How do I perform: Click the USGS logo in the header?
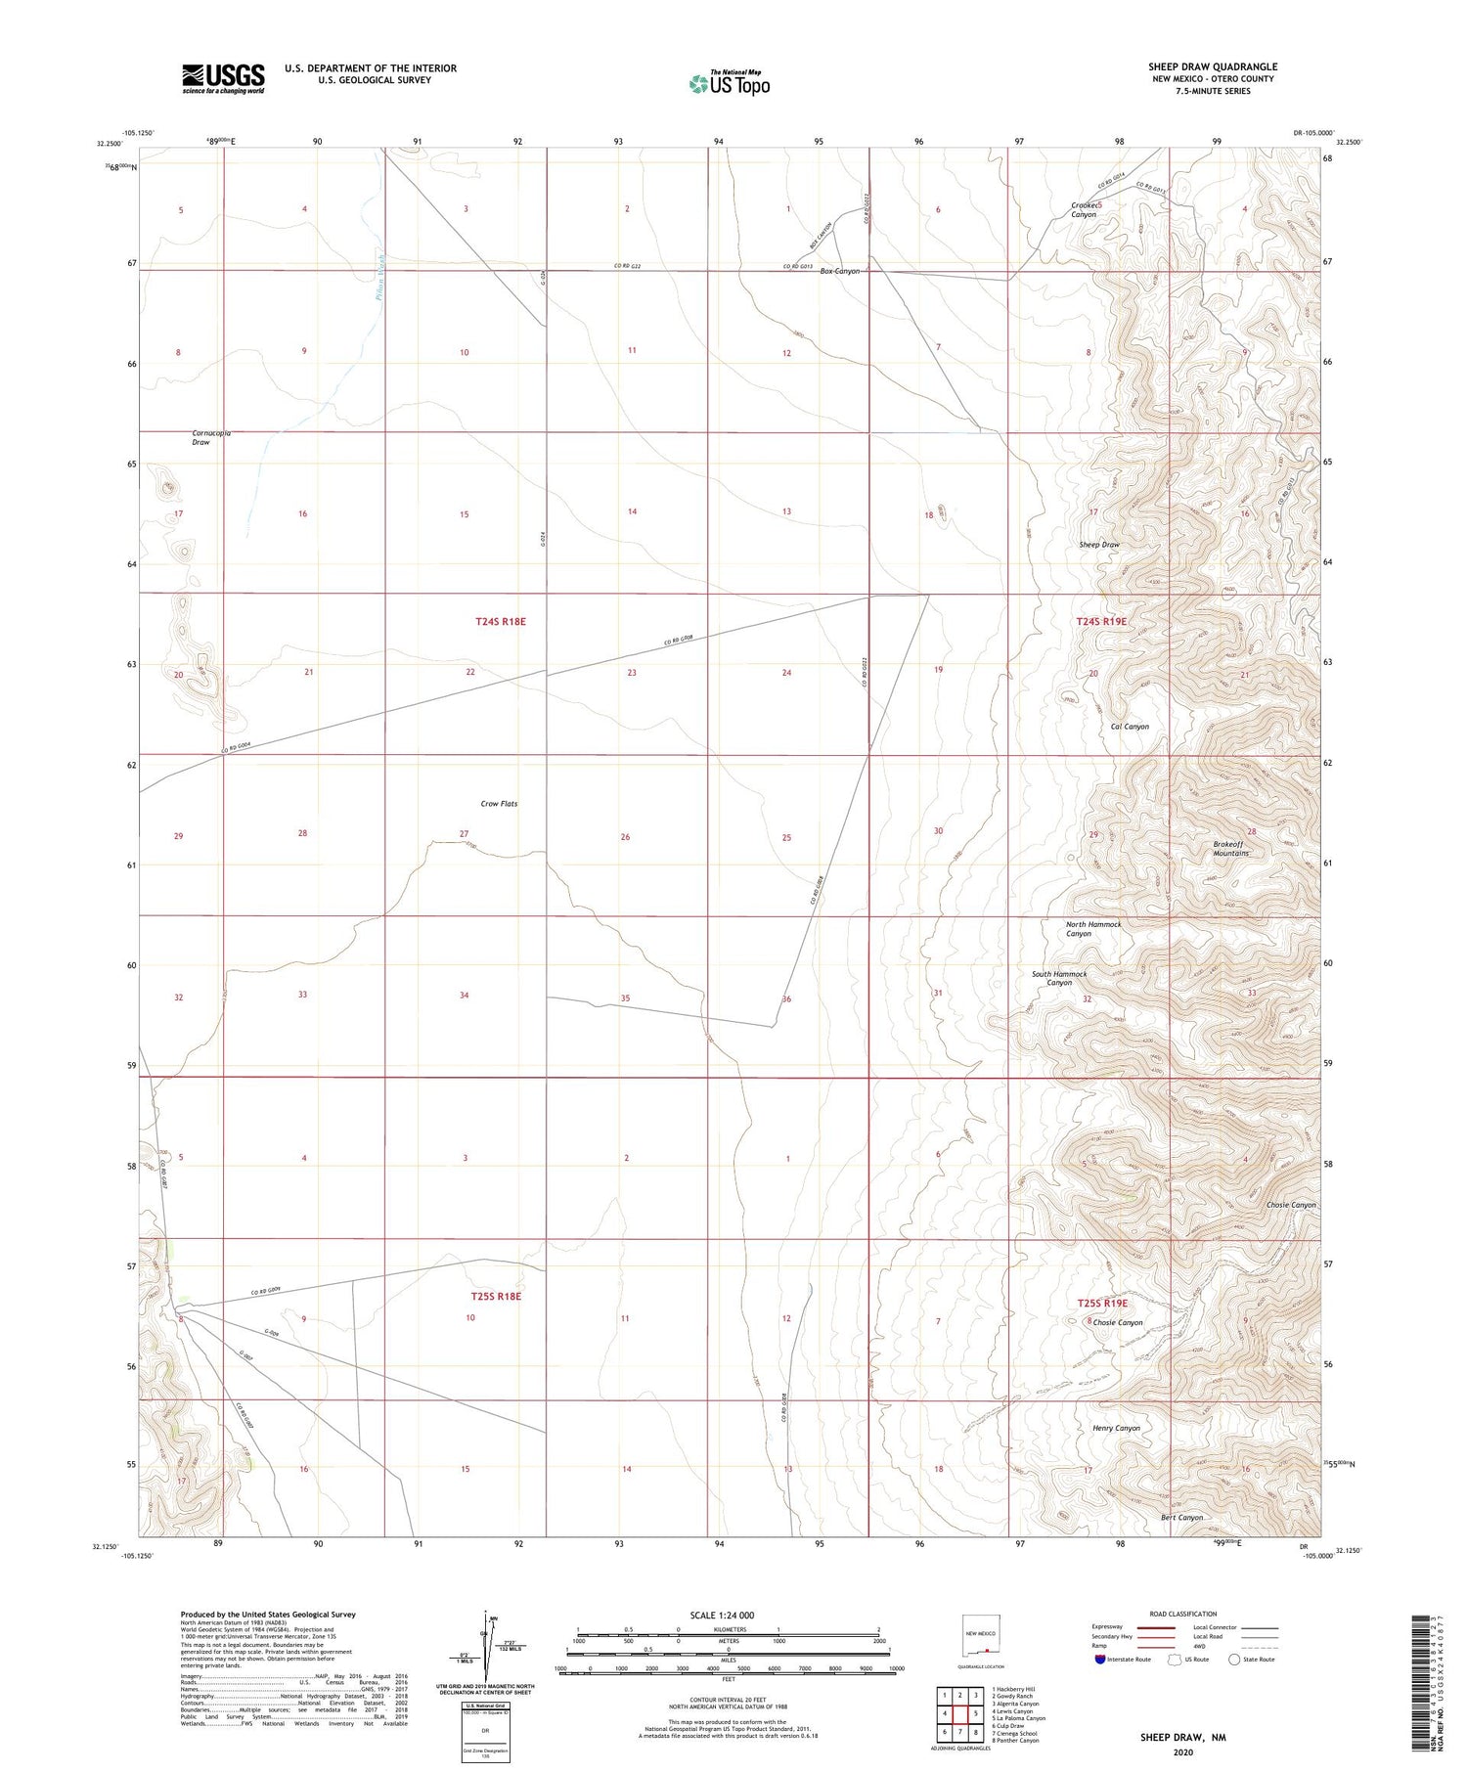click(223, 78)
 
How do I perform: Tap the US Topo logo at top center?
click(729, 84)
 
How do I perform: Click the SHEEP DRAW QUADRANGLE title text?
click(1212, 66)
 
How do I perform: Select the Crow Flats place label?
click(499, 804)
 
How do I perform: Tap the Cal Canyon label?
click(1130, 727)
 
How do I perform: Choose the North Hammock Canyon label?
click(1092, 929)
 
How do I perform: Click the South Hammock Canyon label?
click(1059, 978)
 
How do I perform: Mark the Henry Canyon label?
click(1116, 1428)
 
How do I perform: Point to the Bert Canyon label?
click(1181, 1518)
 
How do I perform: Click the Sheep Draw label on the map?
click(1098, 545)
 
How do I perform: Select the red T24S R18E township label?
click(501, 621)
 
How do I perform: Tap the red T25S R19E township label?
click(1102, 1304)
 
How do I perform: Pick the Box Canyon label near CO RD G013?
click(839, 271)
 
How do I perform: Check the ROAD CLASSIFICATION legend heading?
click(1183, 1614)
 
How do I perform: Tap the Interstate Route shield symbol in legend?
click(1100, 1660)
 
